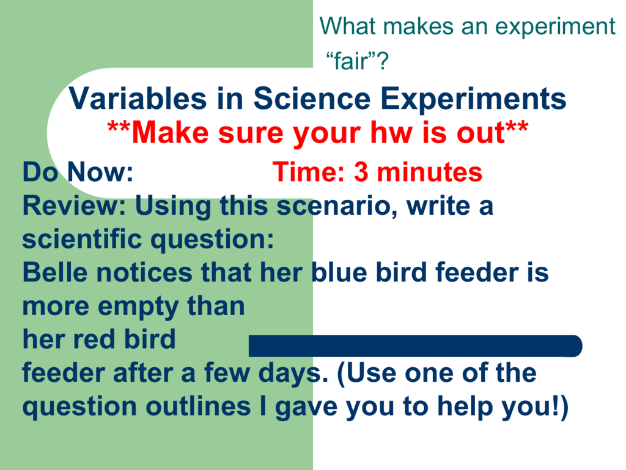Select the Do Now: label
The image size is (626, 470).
(78, 173)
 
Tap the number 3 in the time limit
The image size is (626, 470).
(361, 173)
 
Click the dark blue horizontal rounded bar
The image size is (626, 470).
(415, 346)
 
